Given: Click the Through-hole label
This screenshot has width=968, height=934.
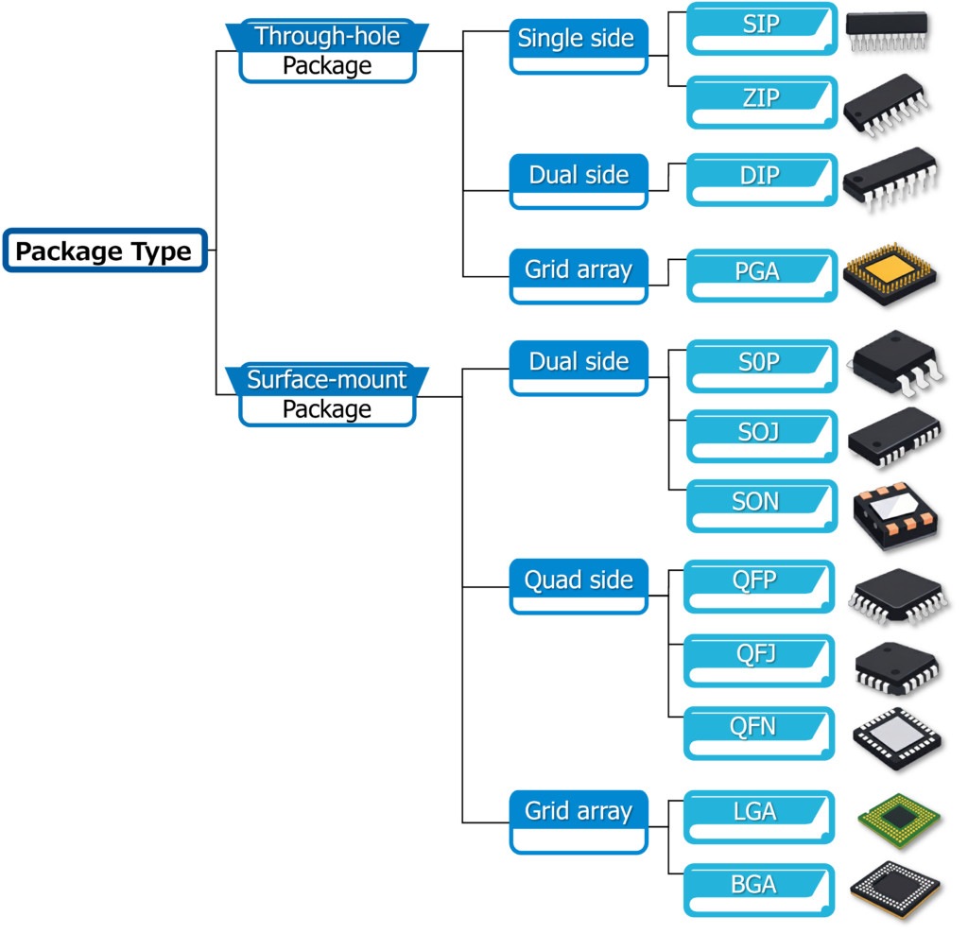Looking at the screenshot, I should tap(327, 38).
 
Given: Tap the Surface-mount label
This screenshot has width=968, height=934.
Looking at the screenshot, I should tap(327, 380).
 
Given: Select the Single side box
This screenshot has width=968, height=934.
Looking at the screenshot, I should tap(577, 40).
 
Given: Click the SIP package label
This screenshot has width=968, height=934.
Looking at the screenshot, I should tap(761, 25).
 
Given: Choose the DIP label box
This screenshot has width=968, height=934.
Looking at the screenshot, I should tap(761, 176).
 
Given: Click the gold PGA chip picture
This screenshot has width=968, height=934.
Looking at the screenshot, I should tap(889, 272).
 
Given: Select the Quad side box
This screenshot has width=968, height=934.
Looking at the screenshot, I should tap(579, 581).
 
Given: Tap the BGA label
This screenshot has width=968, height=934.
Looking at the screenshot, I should tap(754, 886).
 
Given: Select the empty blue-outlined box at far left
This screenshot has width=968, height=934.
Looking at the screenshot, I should tap(105, 251).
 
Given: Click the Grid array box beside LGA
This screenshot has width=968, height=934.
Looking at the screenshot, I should tap(579, 813).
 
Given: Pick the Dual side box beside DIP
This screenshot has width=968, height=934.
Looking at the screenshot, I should tap(579, 176).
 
